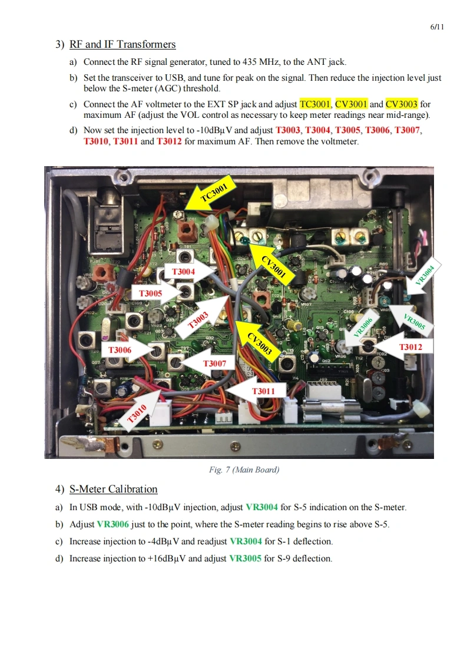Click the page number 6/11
[x=437, y=27]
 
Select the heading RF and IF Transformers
[x=122, y=44]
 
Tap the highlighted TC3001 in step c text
[x=315, y=104]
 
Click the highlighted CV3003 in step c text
[x=402, y=104]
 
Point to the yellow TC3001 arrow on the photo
[x=211, y=195]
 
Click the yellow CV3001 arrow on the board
[x=269, y=263]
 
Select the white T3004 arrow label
[x=190, y=272]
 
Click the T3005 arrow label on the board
[x=160, y=293]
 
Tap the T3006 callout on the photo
[x=128, y=350]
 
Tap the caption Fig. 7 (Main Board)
[x=244, y=470]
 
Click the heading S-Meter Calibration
[x=113, y=489]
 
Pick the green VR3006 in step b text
[x=112, y=524]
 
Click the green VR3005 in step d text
[x=245, y=558]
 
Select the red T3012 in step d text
[x=169, y=141]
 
